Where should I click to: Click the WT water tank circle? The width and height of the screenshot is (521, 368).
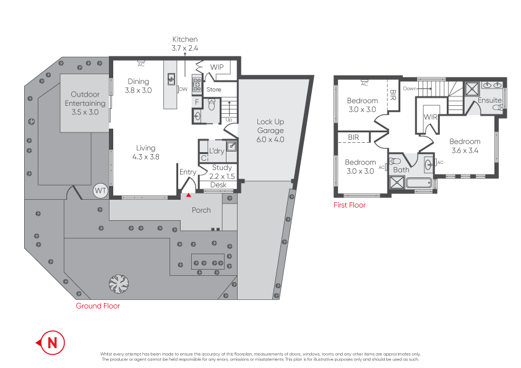100,191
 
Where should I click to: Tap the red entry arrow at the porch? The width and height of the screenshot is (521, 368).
189,195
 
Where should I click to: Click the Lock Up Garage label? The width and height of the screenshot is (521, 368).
270,131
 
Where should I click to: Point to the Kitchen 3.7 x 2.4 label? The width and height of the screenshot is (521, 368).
184,43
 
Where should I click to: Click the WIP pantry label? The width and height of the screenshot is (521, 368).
217,67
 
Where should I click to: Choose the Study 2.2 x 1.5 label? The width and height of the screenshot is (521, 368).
222,171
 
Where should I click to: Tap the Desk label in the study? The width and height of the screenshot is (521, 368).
218,185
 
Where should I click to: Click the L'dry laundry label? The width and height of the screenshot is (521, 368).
216,151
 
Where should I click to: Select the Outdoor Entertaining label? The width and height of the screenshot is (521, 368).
85,103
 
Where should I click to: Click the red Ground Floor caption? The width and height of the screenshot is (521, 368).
98,306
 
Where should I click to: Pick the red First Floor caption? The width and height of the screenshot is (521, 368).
350,205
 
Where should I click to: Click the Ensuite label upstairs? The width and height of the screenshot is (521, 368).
489,100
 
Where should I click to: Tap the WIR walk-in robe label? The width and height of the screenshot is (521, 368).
431,116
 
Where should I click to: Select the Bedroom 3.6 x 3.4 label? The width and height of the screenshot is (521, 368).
465,145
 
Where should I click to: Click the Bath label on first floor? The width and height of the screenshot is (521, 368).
401,169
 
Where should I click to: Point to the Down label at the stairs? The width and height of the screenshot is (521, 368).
410,88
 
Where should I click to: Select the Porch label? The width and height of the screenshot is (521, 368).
201,210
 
